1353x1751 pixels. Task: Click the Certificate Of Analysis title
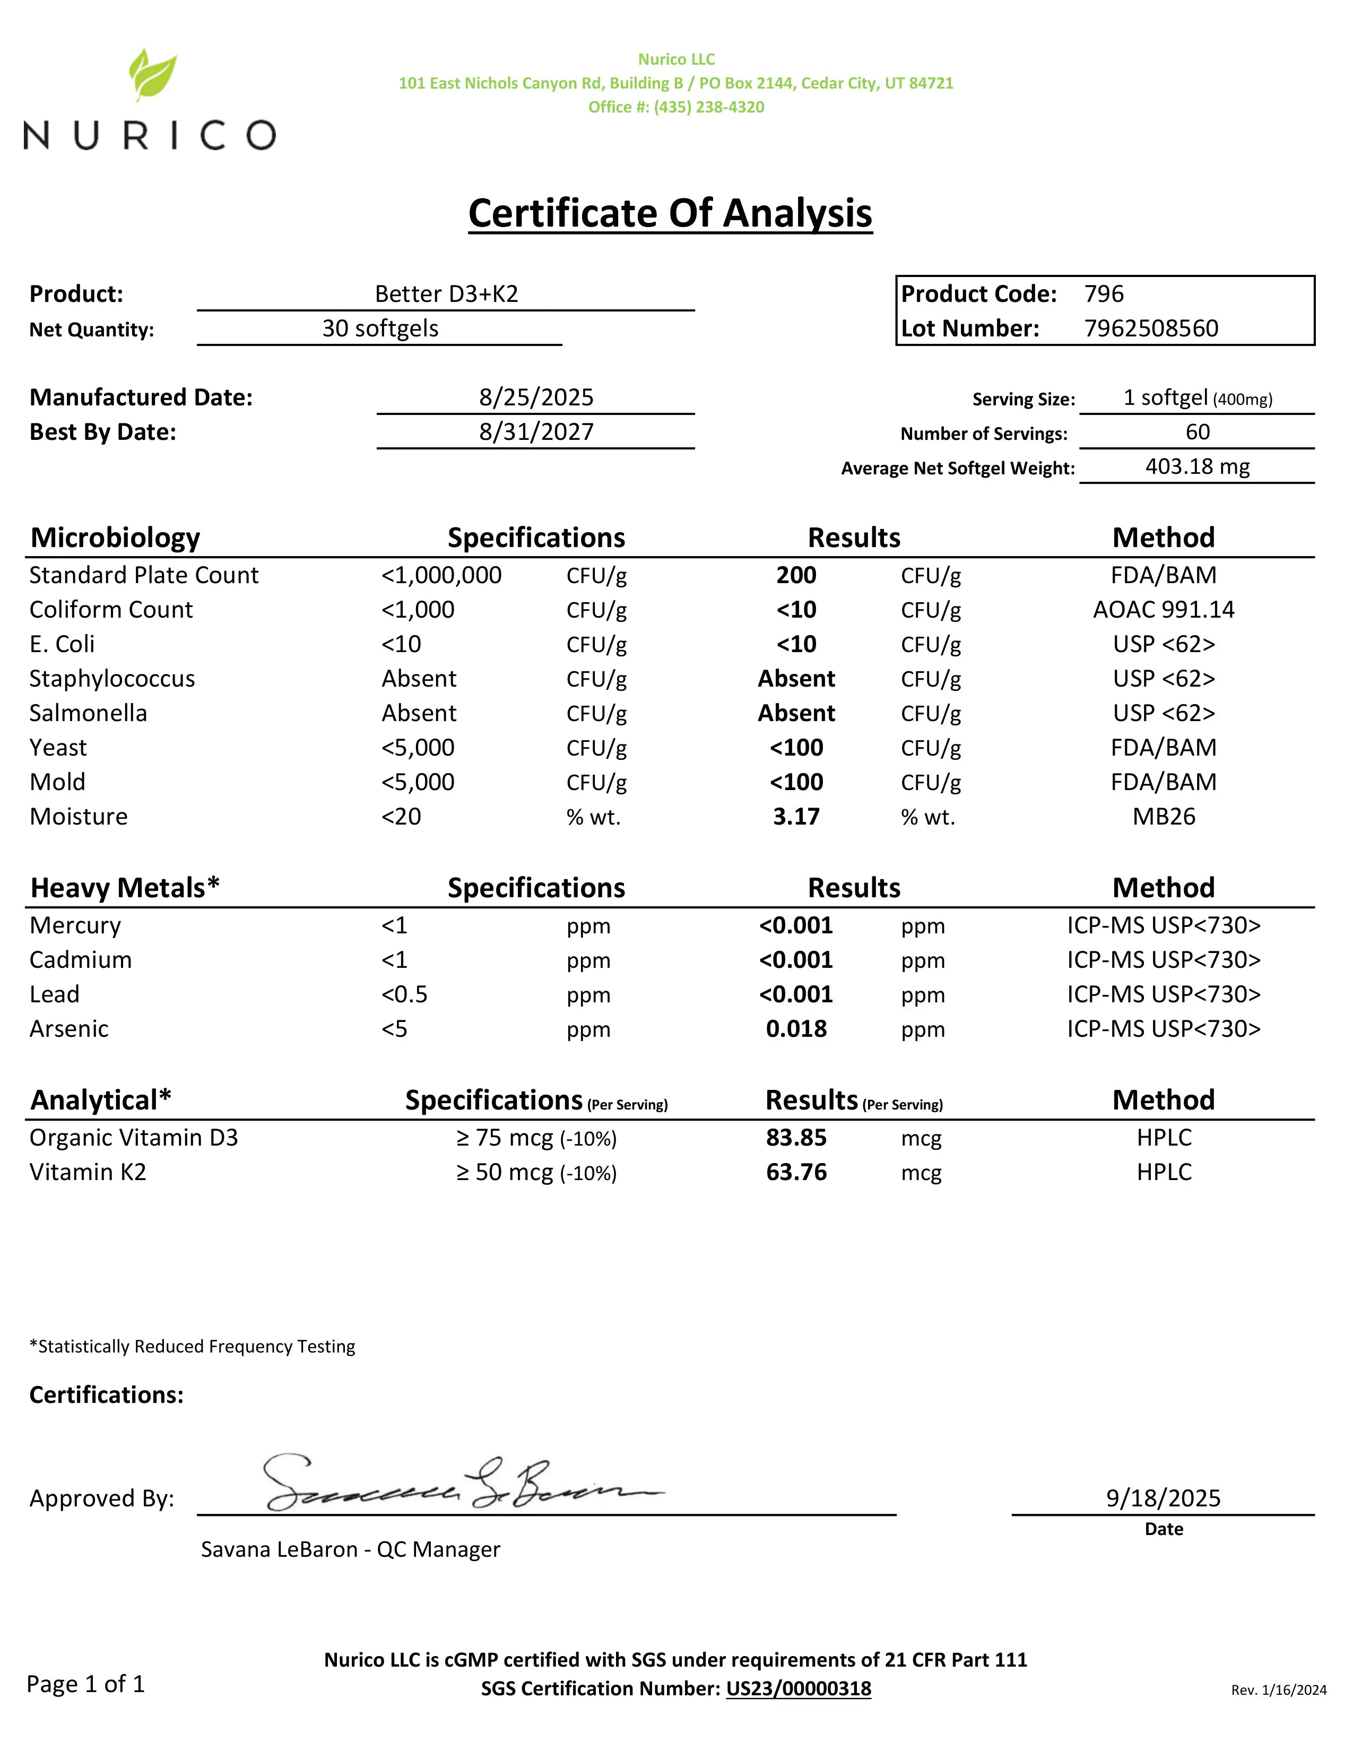pos(670,213)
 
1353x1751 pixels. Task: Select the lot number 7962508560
pos(1150,329)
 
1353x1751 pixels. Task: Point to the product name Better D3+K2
pos(446,294)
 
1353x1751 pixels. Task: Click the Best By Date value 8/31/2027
pos(536,432)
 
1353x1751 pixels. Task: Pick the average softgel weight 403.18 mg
pos(1196,466)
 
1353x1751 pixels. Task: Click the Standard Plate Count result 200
pos(796,576)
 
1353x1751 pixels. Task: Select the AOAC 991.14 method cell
pos(1163,610)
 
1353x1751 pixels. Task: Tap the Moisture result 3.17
pos(796,817)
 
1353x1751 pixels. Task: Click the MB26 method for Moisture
pos(1163,817)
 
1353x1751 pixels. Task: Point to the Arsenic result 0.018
pos(796,1029)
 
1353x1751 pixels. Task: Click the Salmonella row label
pos(88,714)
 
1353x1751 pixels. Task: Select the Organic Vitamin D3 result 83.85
pos(796,1139)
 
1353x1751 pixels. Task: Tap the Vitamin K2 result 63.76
pos(796,1173)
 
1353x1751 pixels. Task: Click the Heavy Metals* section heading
pos(124,888)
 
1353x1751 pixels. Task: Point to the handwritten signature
pos(457,1483)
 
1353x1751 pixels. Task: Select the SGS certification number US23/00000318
pos(799,1689)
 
